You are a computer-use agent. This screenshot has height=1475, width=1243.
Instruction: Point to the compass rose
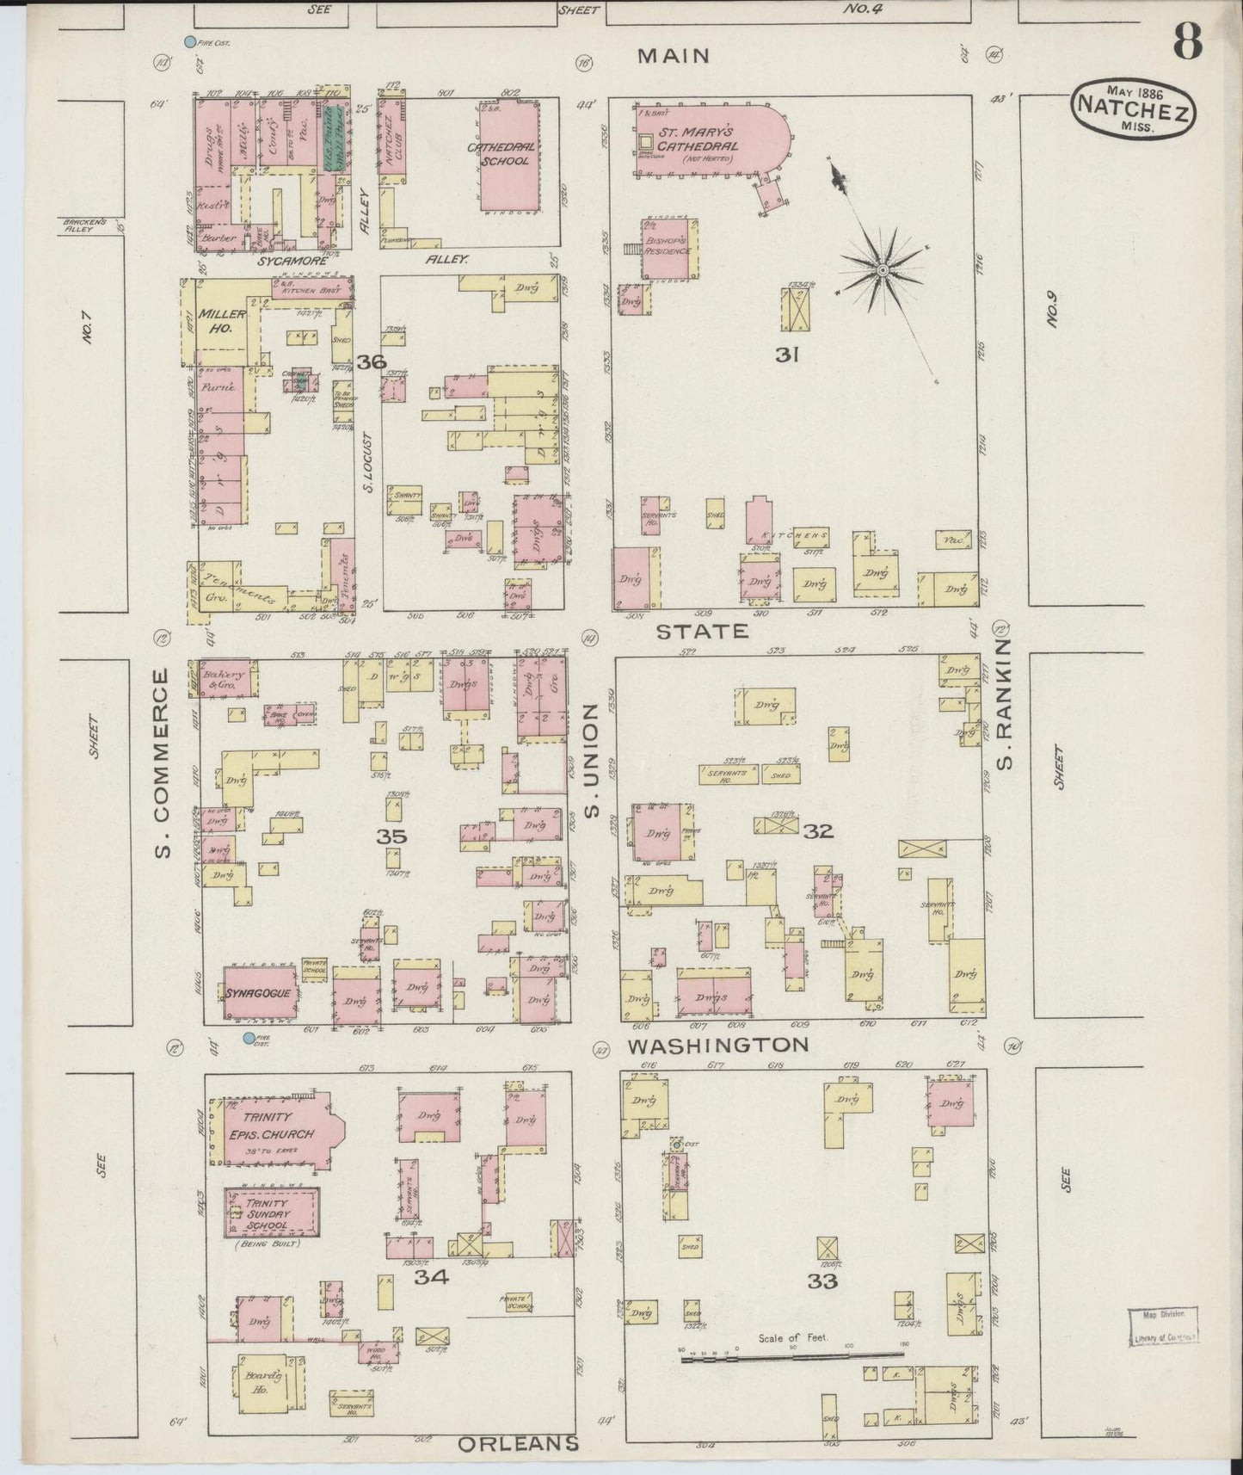tap(883, 270)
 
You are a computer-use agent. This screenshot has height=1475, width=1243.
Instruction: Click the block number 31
tap(787, 354)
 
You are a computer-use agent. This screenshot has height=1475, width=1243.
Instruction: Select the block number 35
tap(391, 836)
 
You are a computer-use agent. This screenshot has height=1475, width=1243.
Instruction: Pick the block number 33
tap(821, 1281)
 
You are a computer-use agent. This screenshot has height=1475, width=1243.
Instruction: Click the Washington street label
tap(717, 1045)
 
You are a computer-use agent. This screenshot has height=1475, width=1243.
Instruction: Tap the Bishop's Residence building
tap(670, 250)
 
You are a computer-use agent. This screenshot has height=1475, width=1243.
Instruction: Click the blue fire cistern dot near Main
tap(190, 41)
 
